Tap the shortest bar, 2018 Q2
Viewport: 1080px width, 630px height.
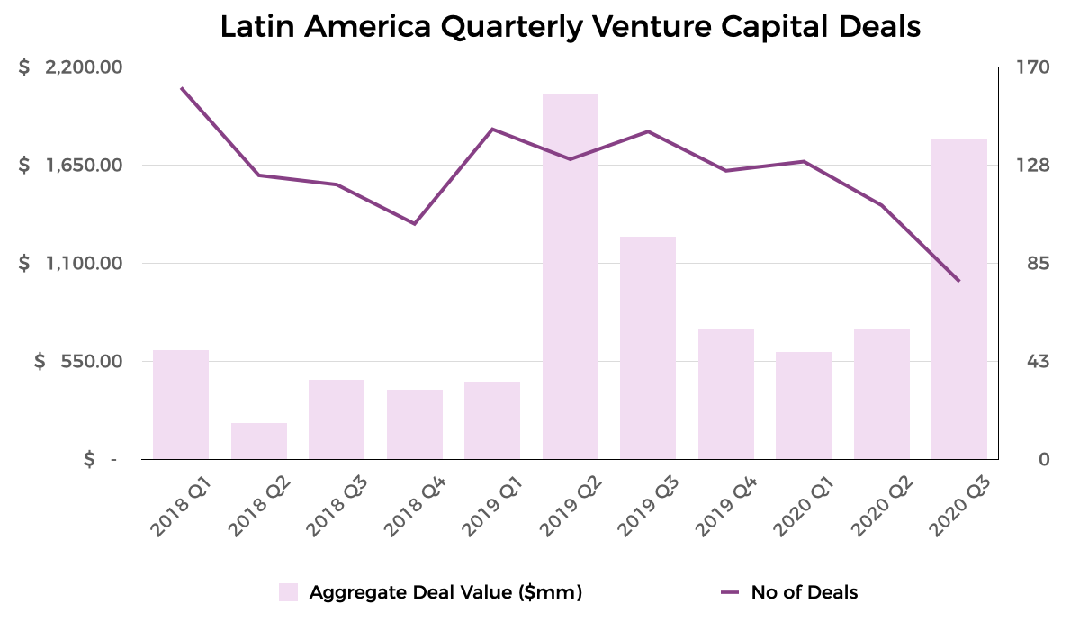(259, 441)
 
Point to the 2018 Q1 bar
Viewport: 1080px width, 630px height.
(181, 404)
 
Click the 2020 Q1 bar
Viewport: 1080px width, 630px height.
(804, 405)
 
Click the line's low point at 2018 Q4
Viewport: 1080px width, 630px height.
(414, 223)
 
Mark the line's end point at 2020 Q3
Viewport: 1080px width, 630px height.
(959, 281)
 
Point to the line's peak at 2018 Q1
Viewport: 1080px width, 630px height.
(181, 88)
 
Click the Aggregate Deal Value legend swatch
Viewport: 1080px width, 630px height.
(288, 592)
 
